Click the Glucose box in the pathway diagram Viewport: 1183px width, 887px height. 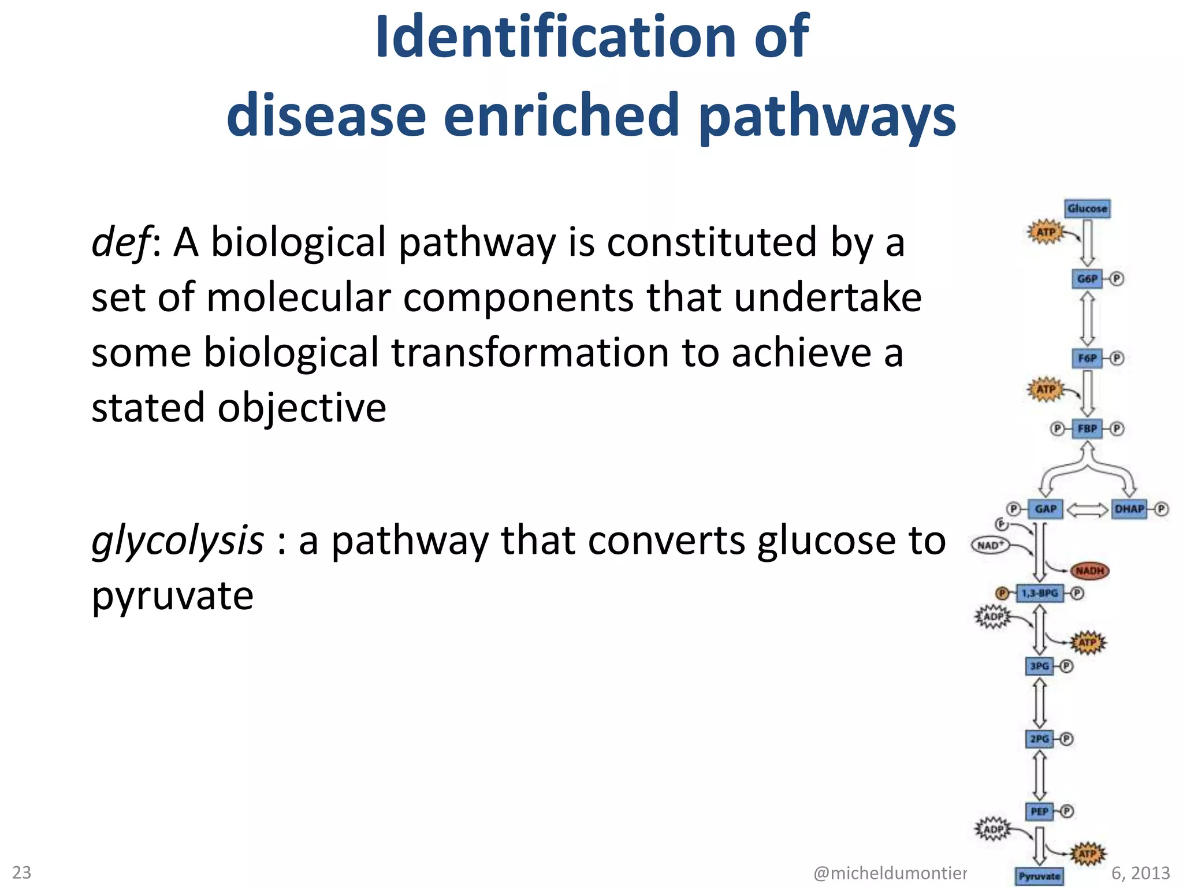tap(1087, 208)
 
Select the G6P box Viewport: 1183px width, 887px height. tap(1087, 279)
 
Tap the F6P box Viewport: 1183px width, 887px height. tap(1087, 358)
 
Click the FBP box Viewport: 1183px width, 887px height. tap(1087, 428)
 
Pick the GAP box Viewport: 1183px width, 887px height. tap(1046, 509)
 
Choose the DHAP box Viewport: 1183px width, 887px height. tap(1129, 509)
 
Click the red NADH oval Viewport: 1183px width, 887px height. tap(1089, 571)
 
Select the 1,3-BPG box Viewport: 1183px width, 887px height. tap(1040, 593)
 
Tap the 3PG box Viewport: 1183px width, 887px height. tap(1040, 666)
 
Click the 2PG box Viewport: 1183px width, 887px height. tap(1040, 739)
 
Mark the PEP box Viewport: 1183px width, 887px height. tap(1040, 811)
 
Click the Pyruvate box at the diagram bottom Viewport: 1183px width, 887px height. tap(1039, 876)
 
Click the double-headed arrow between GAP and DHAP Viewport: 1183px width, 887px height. tap(1087, 509)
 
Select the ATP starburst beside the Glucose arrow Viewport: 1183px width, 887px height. tap(1046, 232)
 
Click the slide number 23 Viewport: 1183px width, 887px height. tap(22, 872)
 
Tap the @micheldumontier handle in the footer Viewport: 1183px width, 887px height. tap(890, 873)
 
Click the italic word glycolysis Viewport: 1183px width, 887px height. tap(177, 541)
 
